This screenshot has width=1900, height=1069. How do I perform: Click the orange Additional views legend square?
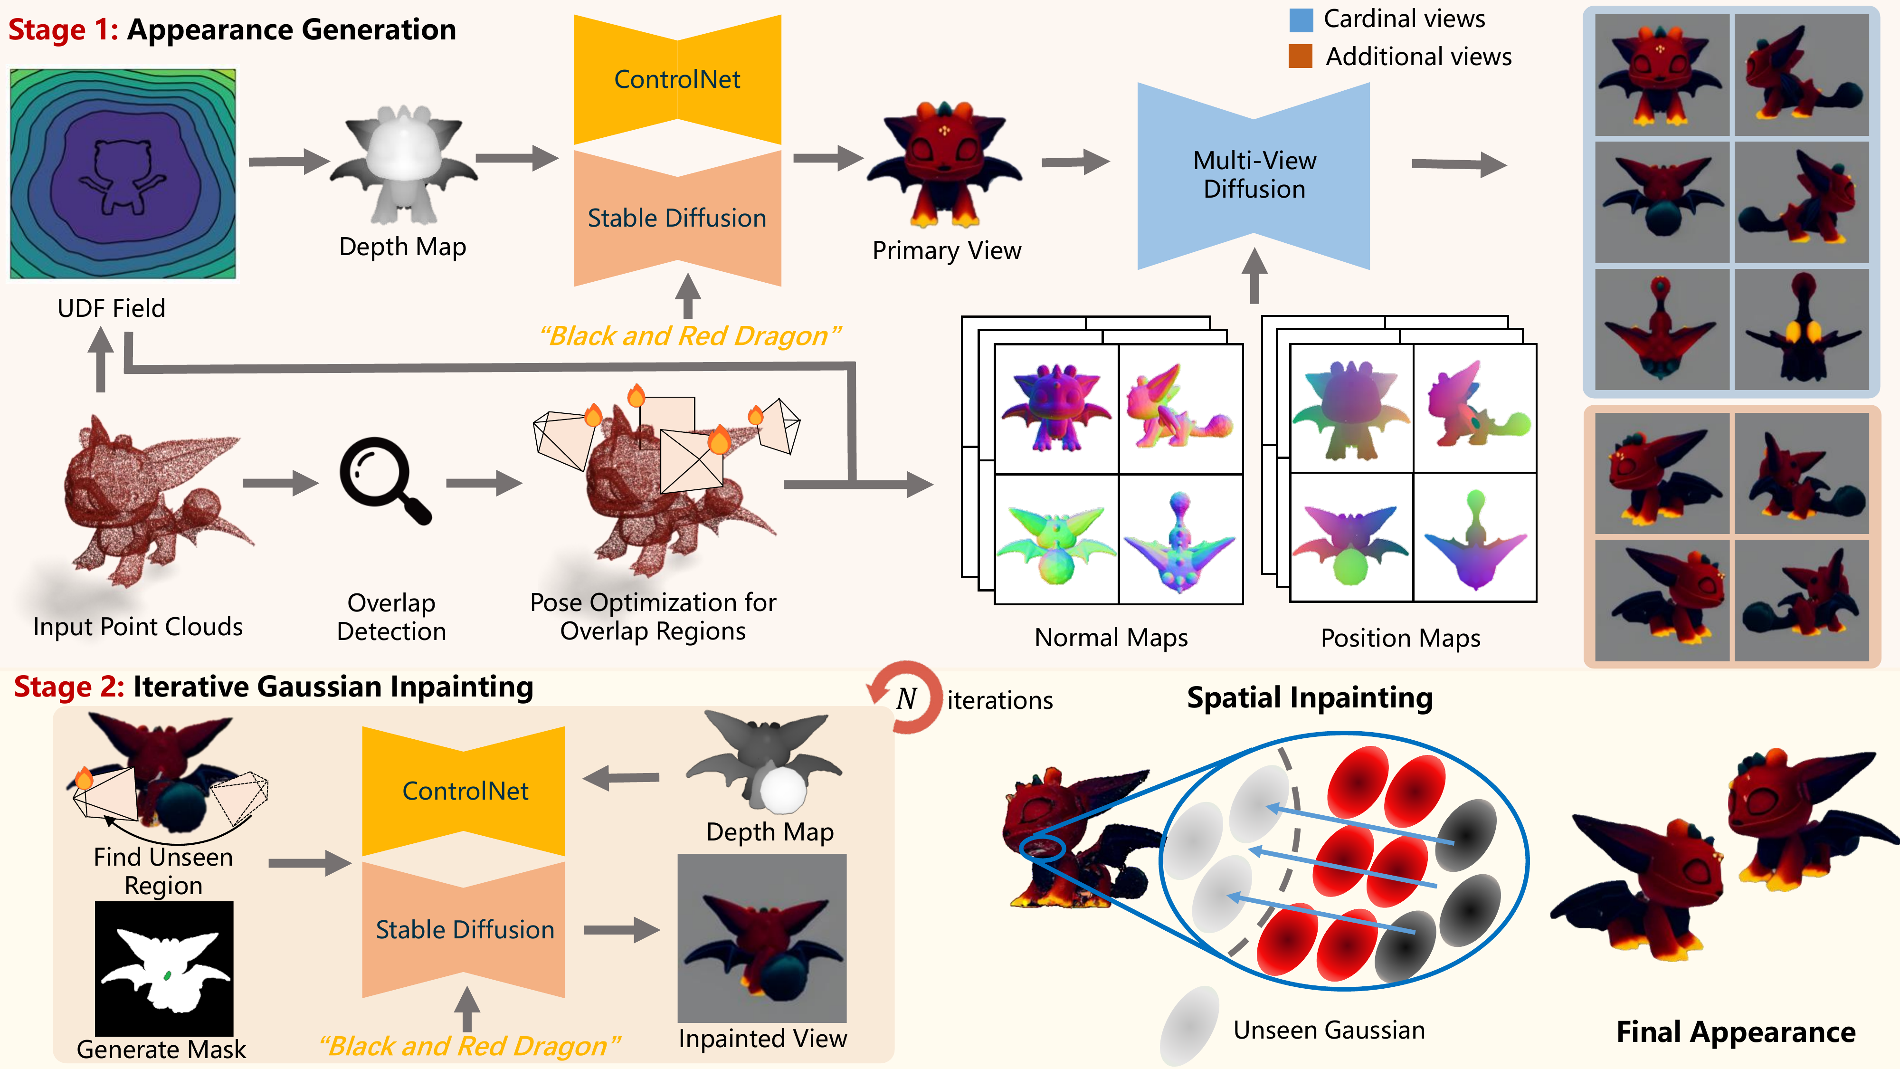click(x=1301, y=56)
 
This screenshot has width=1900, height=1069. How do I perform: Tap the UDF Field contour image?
click(x=123, y=174)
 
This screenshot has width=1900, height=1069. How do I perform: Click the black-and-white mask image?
click(x=164, y=968)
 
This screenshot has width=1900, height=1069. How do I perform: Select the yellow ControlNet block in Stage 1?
click(x=677, y=80)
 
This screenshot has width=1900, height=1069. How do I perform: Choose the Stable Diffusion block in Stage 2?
click(x=464, y=930)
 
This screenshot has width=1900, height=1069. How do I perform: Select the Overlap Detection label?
click(x=391, y=617)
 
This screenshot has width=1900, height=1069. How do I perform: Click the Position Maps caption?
click(x=1400, y=638)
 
